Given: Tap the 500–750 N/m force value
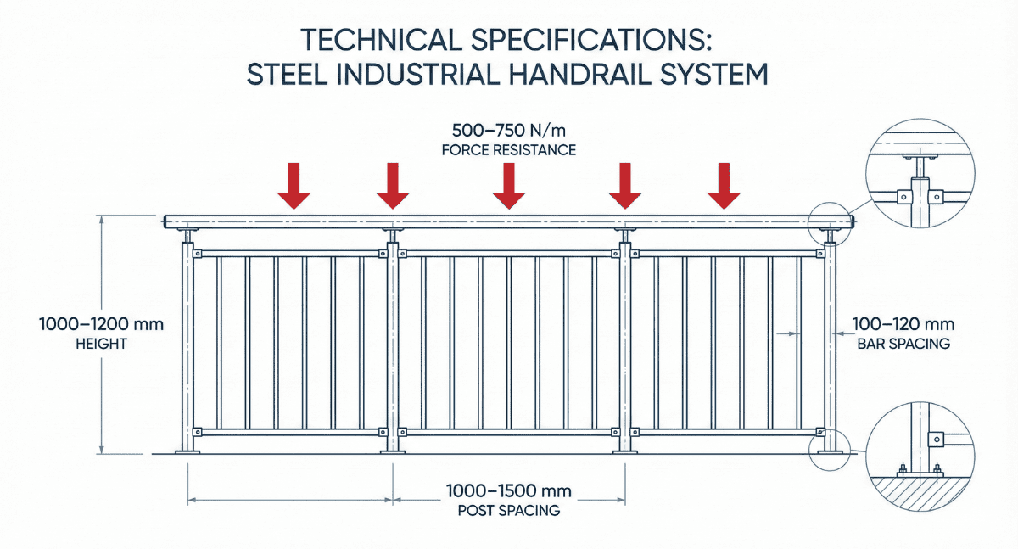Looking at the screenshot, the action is coord(509,131).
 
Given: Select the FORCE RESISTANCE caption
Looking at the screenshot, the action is coord(509,150).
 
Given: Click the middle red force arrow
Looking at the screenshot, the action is coord(509,186).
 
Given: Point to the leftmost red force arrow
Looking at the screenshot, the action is coord(294,186).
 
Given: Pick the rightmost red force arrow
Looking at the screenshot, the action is coord(724,186).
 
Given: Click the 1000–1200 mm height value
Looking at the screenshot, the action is coord(101,324).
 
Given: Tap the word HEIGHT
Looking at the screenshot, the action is coord(101,344).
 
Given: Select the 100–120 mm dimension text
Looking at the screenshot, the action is coord(903,324).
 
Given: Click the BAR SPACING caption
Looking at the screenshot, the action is coord(903,344).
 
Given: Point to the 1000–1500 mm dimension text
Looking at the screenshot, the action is coord(509,491).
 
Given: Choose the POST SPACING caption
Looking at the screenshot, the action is coord(509,511).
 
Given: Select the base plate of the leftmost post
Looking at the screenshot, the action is coord(187,451).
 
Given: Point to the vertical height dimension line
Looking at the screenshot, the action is coord(102,334).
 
